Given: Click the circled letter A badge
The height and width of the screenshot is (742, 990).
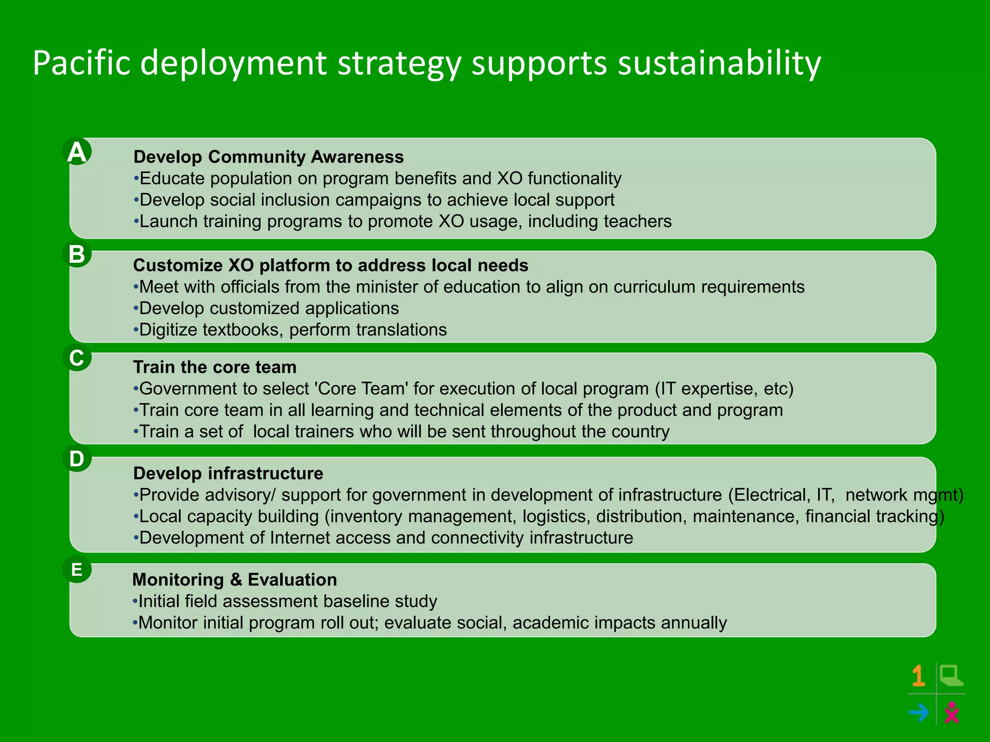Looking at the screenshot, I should pyautogui.click(x=77, y=152).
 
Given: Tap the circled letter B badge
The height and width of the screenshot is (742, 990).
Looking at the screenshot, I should pyautogui.click(x=77, y=254).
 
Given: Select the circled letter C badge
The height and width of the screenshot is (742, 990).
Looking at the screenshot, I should pyautogui.click(x=77, y=358).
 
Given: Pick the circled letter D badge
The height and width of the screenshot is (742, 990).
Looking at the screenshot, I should pyautogui.click(x=77, y=458).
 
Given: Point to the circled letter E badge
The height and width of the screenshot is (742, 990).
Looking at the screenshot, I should pyautogui.click(x=77, y=570).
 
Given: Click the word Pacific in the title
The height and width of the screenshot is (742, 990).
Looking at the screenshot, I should pyautogui.click(x=82, y=63).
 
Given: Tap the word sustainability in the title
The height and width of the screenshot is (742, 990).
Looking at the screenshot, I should pyautogui.click(x=719, y=63).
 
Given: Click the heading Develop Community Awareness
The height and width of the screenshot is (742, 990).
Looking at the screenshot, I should pyautogui.click(x=268, y=157).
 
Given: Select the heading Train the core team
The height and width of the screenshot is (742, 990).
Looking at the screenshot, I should pyautogui.click(x=215, y=367).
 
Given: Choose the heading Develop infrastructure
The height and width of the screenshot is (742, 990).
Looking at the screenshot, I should pyautogui.click(x=228, y=473).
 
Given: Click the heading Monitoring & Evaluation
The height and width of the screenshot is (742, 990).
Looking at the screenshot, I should pyautogui.click(x=234, y=580).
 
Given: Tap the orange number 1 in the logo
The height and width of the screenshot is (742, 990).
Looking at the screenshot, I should pyautogui.click(x=918, y=676).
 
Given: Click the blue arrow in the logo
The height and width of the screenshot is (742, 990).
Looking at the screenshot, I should pyautogui.click(x=918, y=713).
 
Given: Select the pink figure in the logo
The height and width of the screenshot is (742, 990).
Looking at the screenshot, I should pyautogui.click(x=951, y=713).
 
